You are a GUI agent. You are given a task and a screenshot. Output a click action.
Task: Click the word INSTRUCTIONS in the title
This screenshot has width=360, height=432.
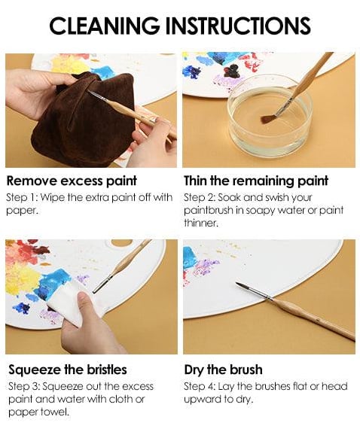click(239, 26)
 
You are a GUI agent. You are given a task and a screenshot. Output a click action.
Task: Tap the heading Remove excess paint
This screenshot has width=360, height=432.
click(72, 180)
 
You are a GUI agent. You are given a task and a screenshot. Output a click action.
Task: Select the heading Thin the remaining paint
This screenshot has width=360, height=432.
click(256, 180)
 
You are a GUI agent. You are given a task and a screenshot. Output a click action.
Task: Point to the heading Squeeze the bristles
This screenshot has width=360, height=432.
click(68, 370)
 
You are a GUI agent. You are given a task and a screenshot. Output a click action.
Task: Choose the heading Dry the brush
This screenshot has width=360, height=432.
click(223, 370)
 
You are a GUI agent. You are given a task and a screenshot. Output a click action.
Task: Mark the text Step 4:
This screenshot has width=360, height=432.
click(201, 386)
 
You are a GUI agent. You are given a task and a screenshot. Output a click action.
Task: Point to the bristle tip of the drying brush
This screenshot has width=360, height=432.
click(240, 285)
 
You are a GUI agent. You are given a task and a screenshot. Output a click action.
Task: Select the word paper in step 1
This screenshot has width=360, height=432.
click(20, 210)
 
